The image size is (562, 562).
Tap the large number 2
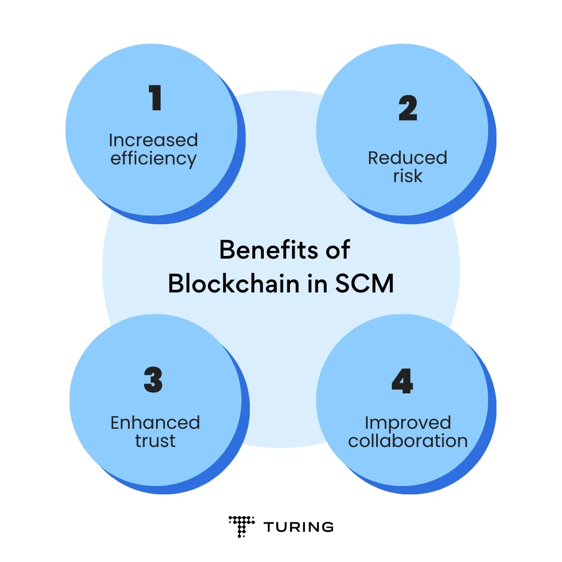(x=408, y=109)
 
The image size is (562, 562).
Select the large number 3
(x=154, y=380)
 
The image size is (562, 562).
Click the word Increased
(x=153, y=140)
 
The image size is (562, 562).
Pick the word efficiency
(x=153, y=159)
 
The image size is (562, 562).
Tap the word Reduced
(x=407, y=158)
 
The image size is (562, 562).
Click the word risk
(x=407, y=176)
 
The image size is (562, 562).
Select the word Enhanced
(x=155, y=423)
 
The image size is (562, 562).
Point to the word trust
(x=155, y=441)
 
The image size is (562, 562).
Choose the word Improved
(x=407, y=423)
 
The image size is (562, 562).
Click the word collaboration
(x=407, y=441)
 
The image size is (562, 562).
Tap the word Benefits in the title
(x=263, y=250)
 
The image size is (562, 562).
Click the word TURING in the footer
(x=298, y=527)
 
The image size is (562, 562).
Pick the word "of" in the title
(x=337, y=250)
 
